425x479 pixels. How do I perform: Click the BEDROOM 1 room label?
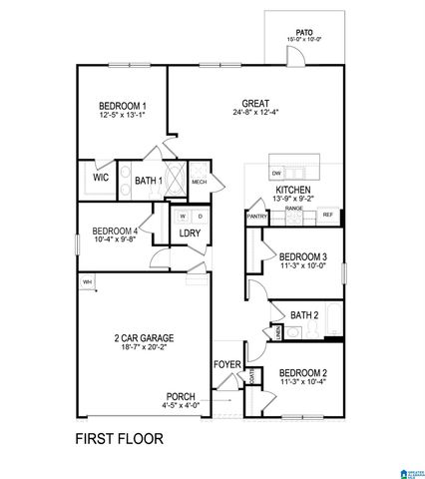click(123, 107)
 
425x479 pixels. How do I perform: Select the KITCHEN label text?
click(293, 189)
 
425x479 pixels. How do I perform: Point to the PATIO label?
click(304, 31)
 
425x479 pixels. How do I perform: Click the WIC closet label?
click(101, 178)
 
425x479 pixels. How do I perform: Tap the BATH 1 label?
click(149, 182)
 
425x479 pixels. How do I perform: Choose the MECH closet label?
click(199, 182)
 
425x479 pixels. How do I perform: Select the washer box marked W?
click(183, 216)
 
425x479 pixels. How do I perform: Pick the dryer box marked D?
click(200, 216)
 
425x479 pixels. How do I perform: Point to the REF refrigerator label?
click(326, 214)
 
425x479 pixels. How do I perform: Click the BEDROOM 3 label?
click(302, 256)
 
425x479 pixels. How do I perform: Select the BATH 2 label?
click(304, 315)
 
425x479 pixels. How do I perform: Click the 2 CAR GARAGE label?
click(146, 338)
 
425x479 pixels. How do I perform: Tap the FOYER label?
click(227, 365)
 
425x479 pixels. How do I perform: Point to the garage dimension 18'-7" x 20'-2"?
click(146, 350)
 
